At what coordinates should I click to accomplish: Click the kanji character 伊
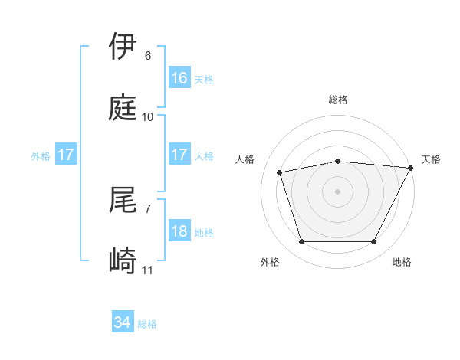coord(123,47)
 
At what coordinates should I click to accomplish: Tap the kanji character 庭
coord(123,108)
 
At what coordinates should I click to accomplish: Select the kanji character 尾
coord(123,200)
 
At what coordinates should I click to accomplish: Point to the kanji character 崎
coord(123,261)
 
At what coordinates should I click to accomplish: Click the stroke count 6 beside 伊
coord(148,56)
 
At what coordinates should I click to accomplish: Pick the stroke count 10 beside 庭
coord(148,117)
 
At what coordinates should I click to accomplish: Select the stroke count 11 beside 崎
coord(148,270)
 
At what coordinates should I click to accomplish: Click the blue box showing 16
coord(179,78)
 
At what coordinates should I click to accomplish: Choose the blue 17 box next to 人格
coord(179,155)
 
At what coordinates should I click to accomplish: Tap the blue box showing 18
coord(179,231)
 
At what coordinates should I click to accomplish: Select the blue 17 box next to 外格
coord(66,155)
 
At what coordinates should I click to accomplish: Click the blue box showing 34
coord(123,323)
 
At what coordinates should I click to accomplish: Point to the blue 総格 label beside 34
coord(147,324)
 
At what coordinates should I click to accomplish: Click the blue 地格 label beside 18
coord(204,233)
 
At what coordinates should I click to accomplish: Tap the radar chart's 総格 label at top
coord(338,100)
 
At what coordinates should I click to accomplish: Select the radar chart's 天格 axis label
coord(431,159)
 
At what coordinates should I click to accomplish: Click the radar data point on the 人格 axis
coord(280,172)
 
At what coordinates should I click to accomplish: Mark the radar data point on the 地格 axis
coord(374,242)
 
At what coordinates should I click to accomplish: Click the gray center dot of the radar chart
coord(338,191)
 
